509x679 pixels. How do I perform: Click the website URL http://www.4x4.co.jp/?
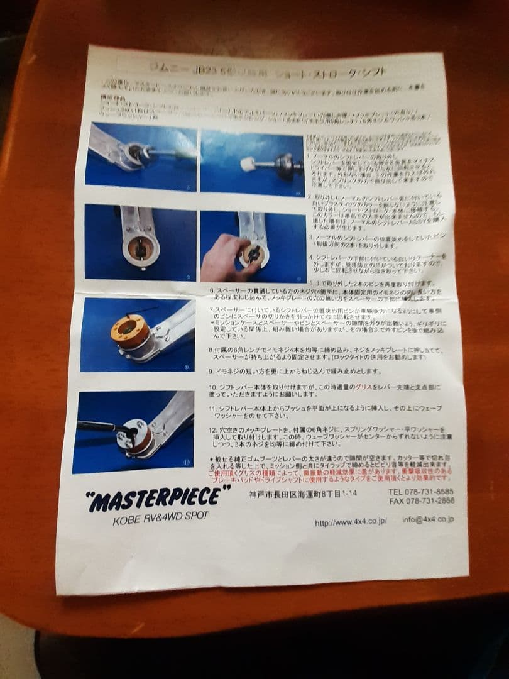[x=351, y=521]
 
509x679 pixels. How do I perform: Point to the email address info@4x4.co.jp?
[x=428, y=519]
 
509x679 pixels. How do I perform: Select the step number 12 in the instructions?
[x=212, y=429]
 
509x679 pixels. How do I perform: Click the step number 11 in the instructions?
[x=212, y=408]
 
